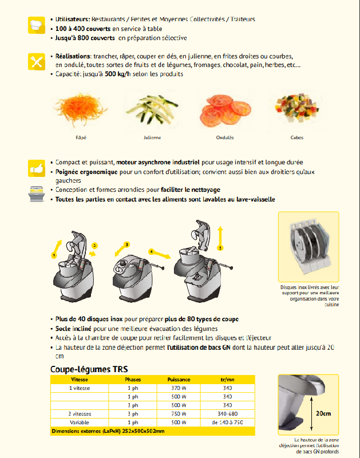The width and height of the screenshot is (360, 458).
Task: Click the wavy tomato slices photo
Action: (x=216, y=112)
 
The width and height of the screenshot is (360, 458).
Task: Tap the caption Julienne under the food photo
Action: (x=152, y=138)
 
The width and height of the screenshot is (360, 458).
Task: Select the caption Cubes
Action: (x=297, y=138)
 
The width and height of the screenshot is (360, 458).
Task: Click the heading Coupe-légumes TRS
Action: (x=89, y=369)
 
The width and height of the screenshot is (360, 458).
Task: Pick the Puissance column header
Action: (x=179, y=380)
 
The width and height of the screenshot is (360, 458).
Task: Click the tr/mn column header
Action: (x=227, y=380)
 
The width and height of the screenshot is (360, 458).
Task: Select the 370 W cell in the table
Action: (x=179, y=388)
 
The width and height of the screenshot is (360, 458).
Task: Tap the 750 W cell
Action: (x=179, y=414)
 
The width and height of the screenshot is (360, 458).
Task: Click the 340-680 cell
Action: (x=227, y=414)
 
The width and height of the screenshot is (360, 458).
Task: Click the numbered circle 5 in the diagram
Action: (x=220, y=247)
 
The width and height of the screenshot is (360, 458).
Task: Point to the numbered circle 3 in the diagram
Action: (x=127, y=244)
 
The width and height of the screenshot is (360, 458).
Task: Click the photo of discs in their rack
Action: (x=308, y=247)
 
